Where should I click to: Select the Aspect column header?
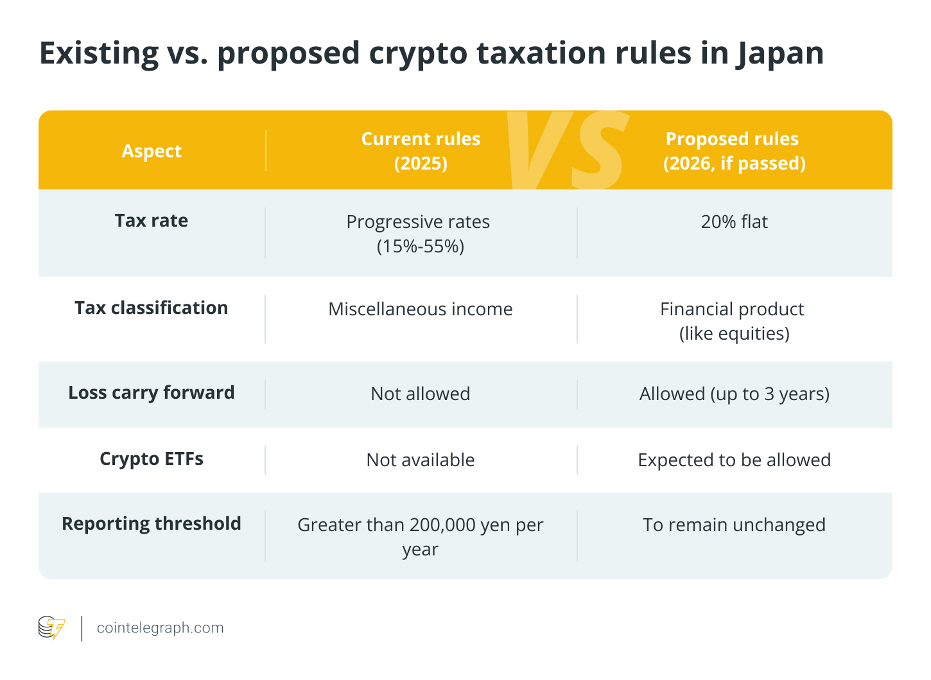pyautogui.click(x=152, y=151)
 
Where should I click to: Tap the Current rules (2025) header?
pyautogui.click(x=421, y=151)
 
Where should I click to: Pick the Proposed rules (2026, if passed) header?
pyautogui.click(x=733, y=151)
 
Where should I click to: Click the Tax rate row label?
pyautogui.click(x=152, y=221)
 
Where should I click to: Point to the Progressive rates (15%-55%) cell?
pyautogui.click(x=419, y=234)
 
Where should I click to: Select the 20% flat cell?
pyautogui.click(x=734, y=222)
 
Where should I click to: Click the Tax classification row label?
pyautogui.click(x=152, y=308)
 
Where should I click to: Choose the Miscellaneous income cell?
pyautogui.click(x=421, y=309)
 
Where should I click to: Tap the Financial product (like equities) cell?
pyautogui.click(x=733, y=321)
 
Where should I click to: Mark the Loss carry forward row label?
pyautogui.click(x=152, y=393)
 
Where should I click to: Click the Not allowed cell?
pyautogui.click(x=421, y=394)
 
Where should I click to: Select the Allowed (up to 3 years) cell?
pyautogui.click(x=734, y=394)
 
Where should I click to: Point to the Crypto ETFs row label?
pyautogui.click(x=152, y=459)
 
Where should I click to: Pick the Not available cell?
pyautogui.click(x=421, y=460)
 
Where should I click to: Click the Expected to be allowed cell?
pyautogui.click(x=734, y=460)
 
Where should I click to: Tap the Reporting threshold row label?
pyautogui.click(x=152, y=524)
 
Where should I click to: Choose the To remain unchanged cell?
pyautogui.click(x=734, y=525)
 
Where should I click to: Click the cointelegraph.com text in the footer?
pyautogui.click(x=160, y=628)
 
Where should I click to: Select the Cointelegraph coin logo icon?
pyautogui.click(x=51, y=628)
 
